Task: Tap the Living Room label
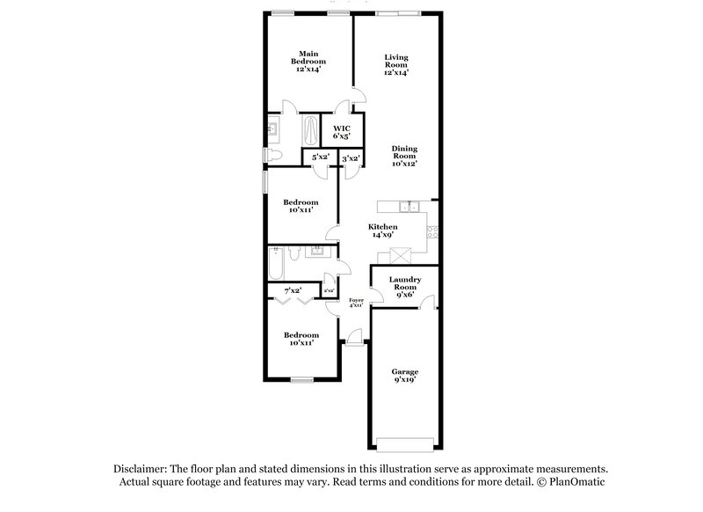click(x=396, y=65)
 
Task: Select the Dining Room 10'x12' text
click(x=403, y=155)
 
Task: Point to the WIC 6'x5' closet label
click(x=340, y=132)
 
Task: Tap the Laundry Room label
click(x=405, y=286)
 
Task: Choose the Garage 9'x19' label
click(x=404, y=376)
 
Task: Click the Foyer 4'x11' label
click(x=356, y=303)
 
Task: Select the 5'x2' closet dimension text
click(x=320, y=157)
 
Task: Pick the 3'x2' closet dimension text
click(x=351, y=158)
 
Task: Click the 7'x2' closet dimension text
click(x=292, y=290)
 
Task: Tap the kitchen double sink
click(x=409, y=208)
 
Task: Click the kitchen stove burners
click(x=431, y=232)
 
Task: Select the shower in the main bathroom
click(x=312, y=132)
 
